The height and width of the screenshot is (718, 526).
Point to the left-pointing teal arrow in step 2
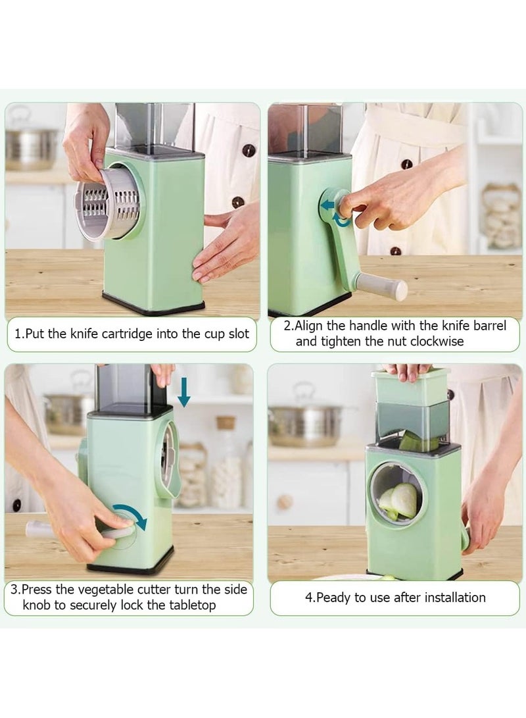click(x=327, y=205)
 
